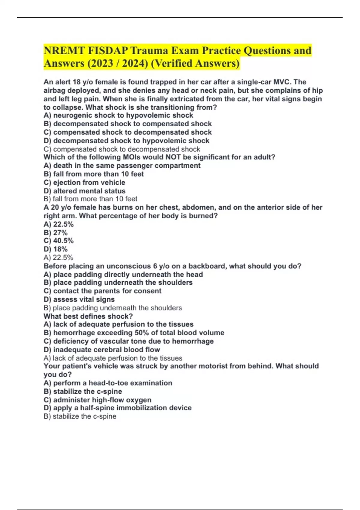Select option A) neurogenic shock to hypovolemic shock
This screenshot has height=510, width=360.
118,115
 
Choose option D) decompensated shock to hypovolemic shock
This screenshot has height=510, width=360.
126,141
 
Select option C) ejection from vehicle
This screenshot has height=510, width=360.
84,182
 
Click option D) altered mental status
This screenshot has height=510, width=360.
84,191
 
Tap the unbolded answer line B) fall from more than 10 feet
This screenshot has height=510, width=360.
90,199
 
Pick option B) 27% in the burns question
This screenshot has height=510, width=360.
55,232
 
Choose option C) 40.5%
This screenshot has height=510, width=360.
58,241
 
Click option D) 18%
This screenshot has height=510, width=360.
55,249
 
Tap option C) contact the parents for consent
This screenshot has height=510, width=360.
102,291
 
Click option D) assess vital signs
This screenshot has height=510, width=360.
79,299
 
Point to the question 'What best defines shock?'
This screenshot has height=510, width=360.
88,316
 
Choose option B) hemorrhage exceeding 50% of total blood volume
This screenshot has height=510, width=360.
134,333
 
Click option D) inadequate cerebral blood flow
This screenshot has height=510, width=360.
102,349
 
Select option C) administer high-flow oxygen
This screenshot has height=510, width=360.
97,400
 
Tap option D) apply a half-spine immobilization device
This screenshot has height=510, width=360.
117,408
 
